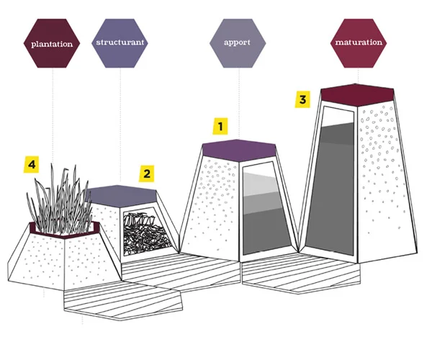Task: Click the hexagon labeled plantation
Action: [x=52, y=43]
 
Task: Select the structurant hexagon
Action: [x=120, y=42]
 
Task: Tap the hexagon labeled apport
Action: [x=236, y=42]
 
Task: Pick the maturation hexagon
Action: [x=358, y=42]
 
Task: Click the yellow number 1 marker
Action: [x=221, y=127]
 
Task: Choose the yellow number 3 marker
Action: [x=303, y=99]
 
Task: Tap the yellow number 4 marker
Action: [x=31, y=165]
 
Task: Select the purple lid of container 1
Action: [x=239, y=148]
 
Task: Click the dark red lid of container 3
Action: [x=357, y=93]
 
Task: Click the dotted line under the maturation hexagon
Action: [x=358, y=76]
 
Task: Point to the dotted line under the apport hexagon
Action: [x=236, y=101]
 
